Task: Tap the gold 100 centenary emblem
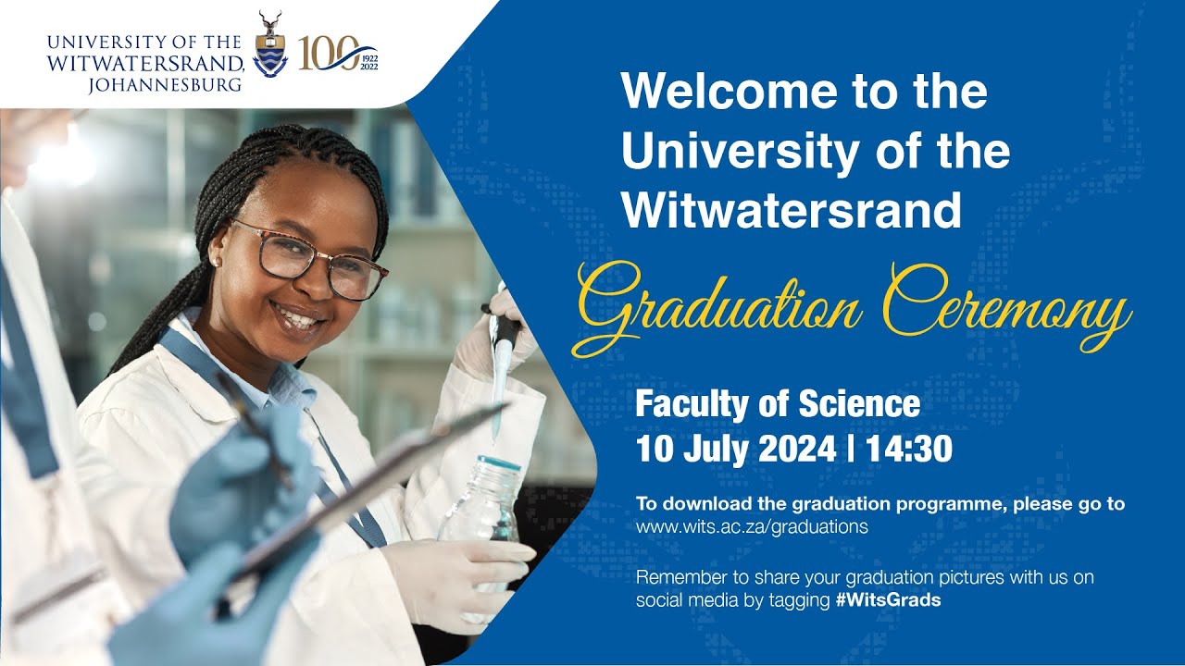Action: coord(331,55)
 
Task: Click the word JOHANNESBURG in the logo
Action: coord(166,86)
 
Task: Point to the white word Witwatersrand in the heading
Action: coord(792,211)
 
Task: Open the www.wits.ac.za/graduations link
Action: coord(752,527)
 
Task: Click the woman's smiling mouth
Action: coord(298,319)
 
